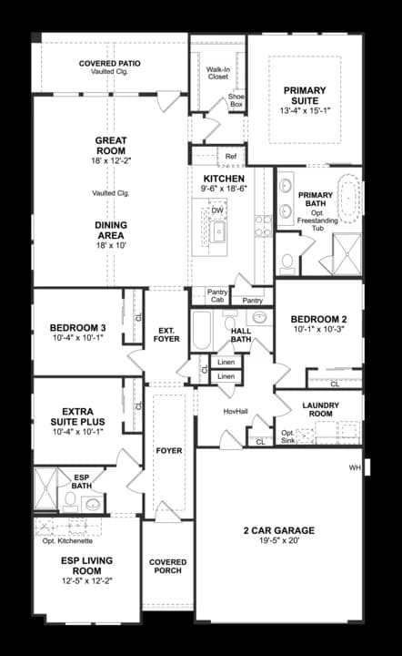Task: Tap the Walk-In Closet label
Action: coord(217,73)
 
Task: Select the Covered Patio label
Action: coord(108,64)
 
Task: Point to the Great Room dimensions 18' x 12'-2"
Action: coord(110,160)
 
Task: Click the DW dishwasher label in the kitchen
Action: coord(217,211)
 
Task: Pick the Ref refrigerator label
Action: coord(231,157)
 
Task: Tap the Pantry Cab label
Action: coord(216,295)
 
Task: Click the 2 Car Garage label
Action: coord(278,530)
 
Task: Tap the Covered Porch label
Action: coord(167,567)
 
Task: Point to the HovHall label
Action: coord(236,411)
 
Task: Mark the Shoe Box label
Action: coord(236,100)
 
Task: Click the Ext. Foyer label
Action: coord(166,334)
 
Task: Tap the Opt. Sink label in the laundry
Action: coord(287,436)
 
